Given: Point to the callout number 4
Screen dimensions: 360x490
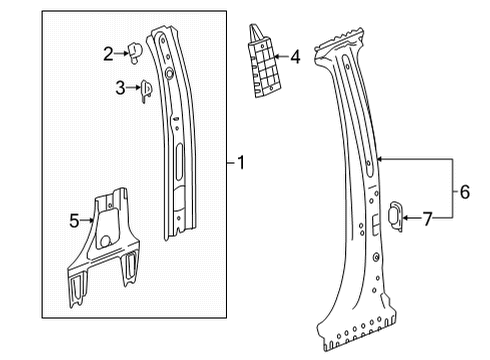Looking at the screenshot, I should (295, 58).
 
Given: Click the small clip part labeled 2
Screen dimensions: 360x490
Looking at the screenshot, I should (135, 52).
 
